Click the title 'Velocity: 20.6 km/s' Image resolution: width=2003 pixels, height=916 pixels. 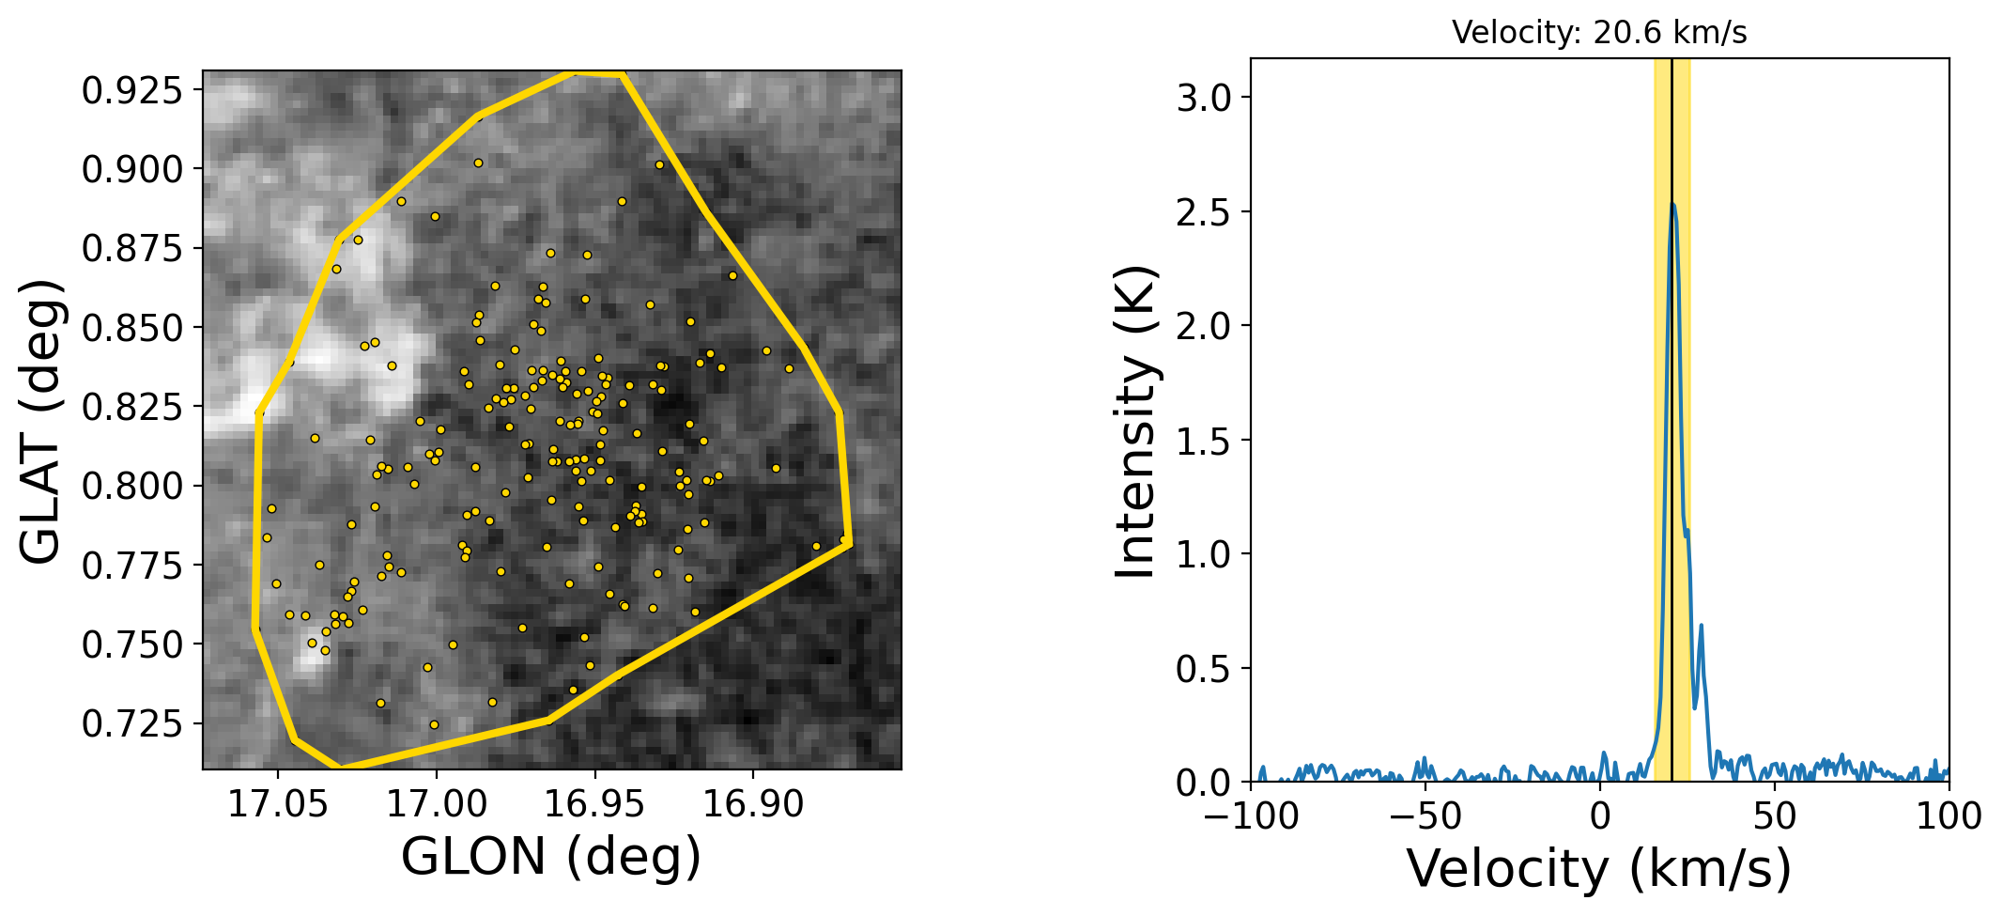1599,33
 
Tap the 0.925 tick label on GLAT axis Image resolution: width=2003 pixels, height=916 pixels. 131,90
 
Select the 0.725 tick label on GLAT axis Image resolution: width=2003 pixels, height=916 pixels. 131,723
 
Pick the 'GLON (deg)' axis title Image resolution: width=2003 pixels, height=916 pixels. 551,856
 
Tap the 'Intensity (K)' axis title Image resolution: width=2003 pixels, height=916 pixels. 1136,421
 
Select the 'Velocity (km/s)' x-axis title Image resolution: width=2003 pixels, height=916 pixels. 1599,868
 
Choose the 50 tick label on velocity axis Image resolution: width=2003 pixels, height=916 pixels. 1775,815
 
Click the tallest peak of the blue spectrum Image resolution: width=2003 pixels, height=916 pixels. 1672,203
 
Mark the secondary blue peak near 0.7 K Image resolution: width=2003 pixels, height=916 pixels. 1702,625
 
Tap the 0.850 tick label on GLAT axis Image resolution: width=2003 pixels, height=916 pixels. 131,328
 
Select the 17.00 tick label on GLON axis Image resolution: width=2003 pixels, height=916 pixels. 436,804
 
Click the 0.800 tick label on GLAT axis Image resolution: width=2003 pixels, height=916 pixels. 131,486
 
